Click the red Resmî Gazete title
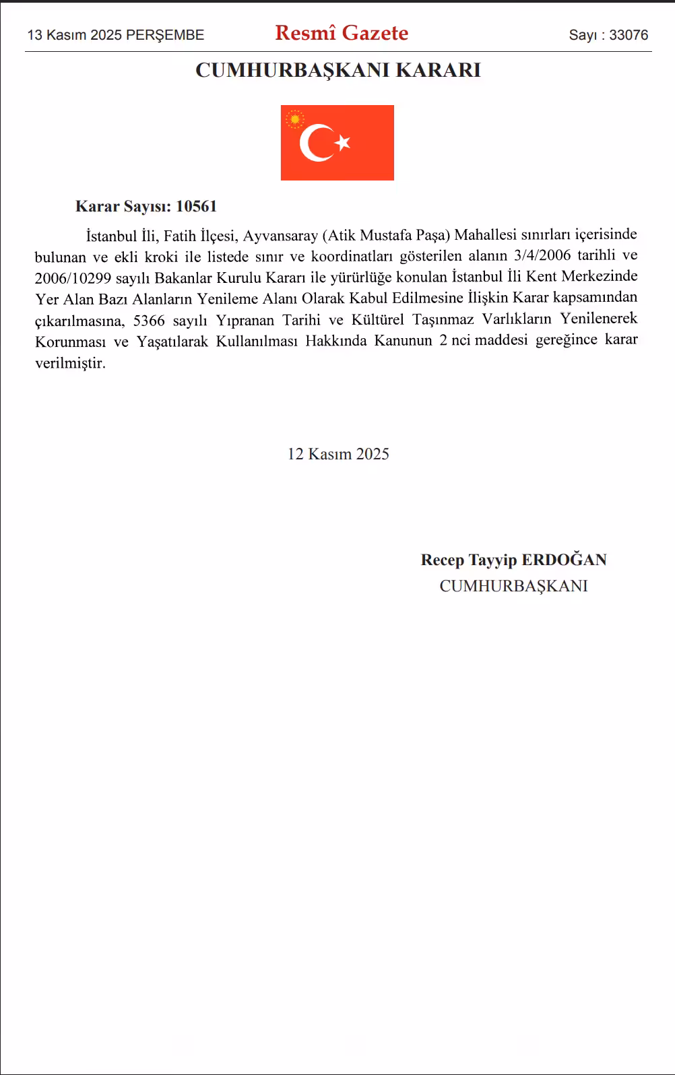pos(342,33)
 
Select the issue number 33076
pos(629,35)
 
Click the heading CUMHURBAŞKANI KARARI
pos(337,70)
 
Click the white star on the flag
pos(343,142)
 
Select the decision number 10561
pos(196,206)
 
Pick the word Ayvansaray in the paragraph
pos(280,235)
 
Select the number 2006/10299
pos(73,277)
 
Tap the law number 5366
pos(149,319)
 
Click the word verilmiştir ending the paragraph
pos(70,363)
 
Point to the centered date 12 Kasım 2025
pos(338,454)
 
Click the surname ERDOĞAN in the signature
pos(565,560)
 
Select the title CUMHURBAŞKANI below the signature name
pos(513,586)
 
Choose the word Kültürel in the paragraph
pos(377,319)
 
